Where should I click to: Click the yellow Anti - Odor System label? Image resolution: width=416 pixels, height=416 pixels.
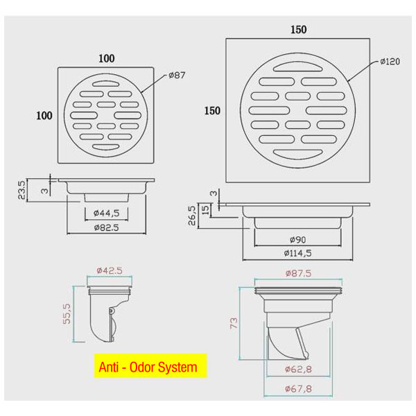tap(150, 366)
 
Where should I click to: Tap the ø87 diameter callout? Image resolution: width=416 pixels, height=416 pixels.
tap(177, 75)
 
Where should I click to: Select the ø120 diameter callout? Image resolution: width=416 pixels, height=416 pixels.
tap(390, 62)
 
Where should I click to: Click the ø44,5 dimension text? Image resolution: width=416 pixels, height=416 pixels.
tap(106, 213)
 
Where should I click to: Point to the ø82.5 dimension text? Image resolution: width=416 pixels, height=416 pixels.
tap(106, 227)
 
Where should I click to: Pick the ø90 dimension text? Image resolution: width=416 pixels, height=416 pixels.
tap(297, 240)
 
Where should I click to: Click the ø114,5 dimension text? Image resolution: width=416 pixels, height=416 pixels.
tap(297, 253)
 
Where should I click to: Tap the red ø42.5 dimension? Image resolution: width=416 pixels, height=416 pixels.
tap(110, 270)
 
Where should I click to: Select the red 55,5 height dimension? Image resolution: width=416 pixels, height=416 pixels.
tap(67, 314)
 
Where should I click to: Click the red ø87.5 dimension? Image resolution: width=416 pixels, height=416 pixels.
tap(298, 273)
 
